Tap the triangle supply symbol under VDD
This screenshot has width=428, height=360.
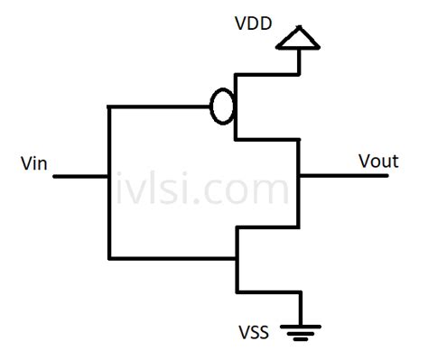(299, 38)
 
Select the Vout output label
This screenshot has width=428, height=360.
(378, 162)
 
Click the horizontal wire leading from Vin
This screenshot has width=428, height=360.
(81, 176)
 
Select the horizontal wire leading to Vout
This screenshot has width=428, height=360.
(343, 176)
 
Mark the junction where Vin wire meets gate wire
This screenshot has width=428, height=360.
(108, 176)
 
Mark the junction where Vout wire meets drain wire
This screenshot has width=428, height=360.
(299, 176)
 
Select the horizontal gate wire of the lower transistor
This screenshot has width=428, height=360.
(172, 258)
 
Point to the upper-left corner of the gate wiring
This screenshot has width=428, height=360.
(108, 107)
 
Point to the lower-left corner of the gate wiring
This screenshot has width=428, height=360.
(108, 258)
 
